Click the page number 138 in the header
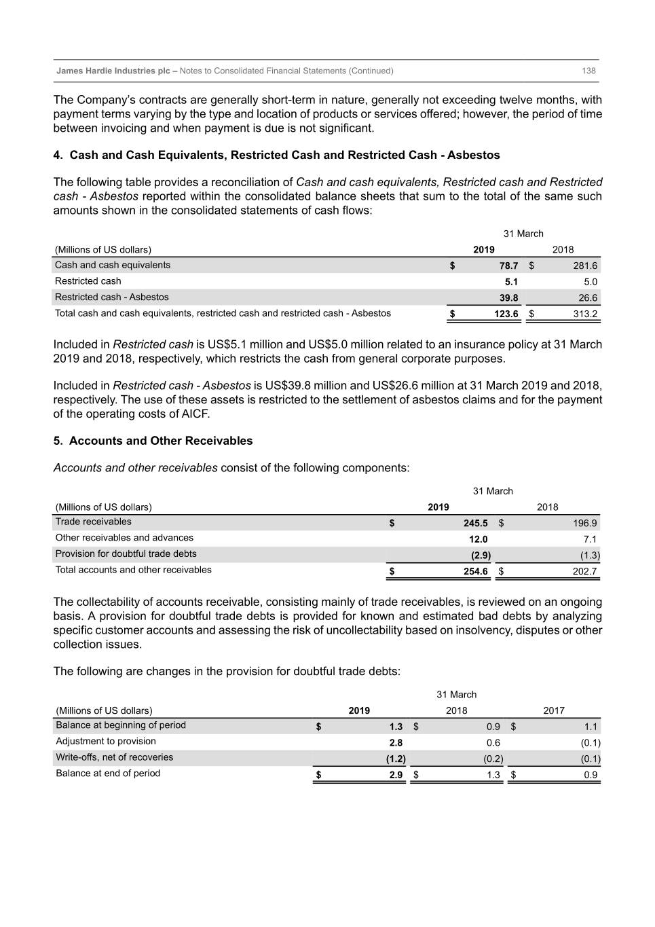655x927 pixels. [x=588, y=71]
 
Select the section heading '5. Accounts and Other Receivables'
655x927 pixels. [x=153, y=441]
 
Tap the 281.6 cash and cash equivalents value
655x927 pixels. [x=585, y=266]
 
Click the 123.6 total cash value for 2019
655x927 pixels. [x=506, y=314]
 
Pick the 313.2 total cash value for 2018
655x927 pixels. [x=585, y=314]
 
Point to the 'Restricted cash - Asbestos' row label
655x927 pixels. [x=112, y=297]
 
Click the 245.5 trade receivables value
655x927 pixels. [x=475, y=523]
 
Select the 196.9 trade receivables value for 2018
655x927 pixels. [x=584, y=523]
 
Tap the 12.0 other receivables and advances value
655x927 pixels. [x=478, y=539]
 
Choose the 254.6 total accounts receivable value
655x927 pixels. [x=475, y=571]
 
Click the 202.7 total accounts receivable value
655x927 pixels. [x=584, y=571]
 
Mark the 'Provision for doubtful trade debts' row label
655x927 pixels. [x=126, y=554]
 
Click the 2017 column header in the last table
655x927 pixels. [x=553, y=710]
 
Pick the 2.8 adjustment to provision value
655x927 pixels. [x=396, y=743]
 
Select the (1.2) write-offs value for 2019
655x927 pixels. [x=395, y=759]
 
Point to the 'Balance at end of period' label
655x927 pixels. [x=108, y=774]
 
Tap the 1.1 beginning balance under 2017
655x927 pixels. [x=591, y=727]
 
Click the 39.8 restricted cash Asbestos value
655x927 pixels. [x=508, y=297]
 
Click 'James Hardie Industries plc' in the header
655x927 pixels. [x=113, y=71]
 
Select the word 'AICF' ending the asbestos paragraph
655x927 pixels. [x=195, y=414]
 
